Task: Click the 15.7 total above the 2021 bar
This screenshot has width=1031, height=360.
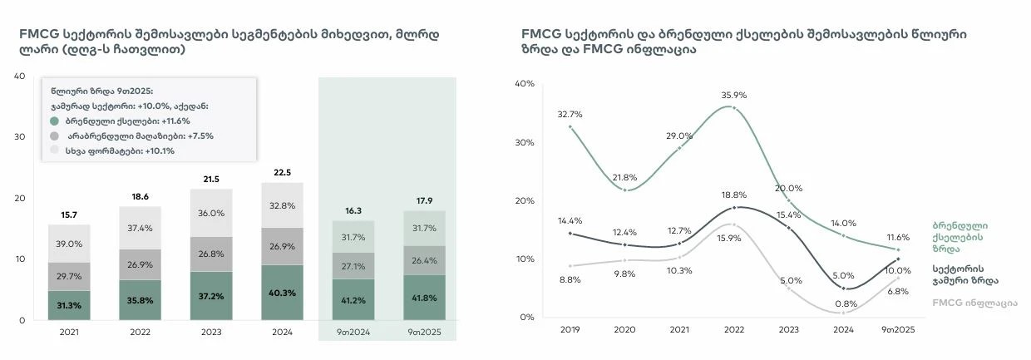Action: [x=68, y=215]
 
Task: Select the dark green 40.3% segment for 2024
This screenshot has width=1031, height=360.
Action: [x=282, y=293]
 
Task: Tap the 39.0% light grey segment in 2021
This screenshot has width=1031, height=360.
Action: [x=68, y=244]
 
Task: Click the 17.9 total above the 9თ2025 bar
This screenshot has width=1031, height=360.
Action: [x=425, y=200]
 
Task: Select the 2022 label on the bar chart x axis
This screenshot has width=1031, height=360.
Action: [x=140, y=333]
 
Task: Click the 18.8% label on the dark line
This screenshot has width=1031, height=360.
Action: [x=733, y=195]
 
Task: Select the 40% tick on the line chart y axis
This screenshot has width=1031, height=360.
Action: [x=523, y=83]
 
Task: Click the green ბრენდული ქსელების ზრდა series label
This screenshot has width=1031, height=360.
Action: [x=959, y=237]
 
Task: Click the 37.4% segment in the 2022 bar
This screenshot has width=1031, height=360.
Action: [x=140, y=229]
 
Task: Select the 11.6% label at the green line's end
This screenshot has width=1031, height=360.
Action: [x=897, y=237]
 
